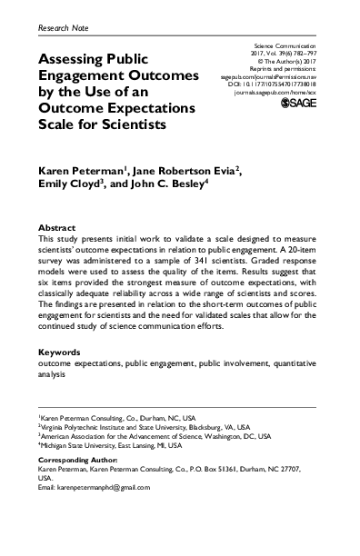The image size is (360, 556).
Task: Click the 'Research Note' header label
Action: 66,29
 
